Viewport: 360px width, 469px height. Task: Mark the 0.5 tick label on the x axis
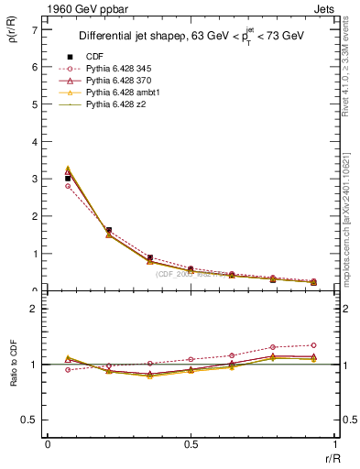191,444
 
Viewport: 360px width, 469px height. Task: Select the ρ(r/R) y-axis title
13,38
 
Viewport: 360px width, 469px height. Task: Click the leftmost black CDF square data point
68,179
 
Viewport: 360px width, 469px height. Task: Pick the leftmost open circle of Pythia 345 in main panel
68,186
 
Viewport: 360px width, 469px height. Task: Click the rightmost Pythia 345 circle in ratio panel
313,345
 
